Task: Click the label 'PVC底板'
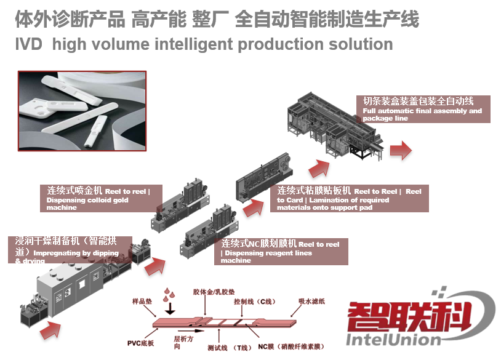coord(143,342)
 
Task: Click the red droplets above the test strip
coord(167,294)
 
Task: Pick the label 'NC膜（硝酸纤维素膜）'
coord(295,348)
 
